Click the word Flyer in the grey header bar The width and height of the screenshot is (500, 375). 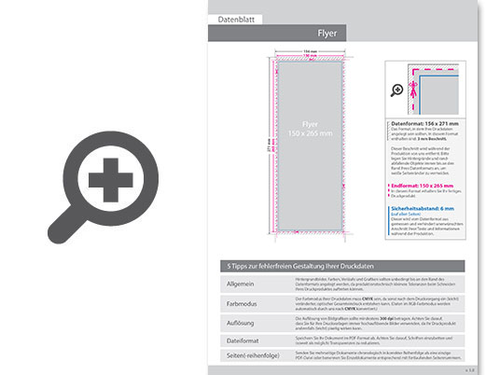point(326,33)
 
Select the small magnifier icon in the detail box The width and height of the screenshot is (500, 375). point(397,90)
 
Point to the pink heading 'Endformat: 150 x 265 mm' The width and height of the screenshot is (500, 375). point(422,186)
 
